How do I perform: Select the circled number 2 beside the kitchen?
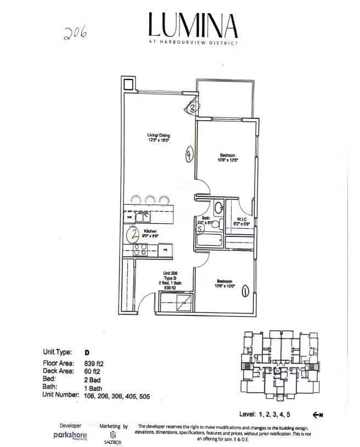(133, 235)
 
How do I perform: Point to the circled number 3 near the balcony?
(192, 108)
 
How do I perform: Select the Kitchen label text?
(150, 231)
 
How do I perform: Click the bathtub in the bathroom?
(209, 240)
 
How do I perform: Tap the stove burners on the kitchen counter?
(140, 250)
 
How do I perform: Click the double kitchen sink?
(143, 217)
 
